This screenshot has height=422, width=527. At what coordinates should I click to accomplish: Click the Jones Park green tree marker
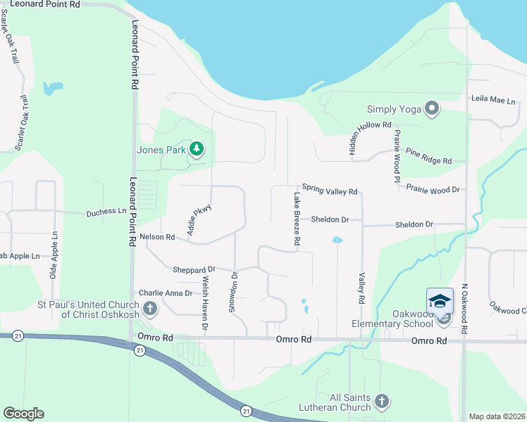tap(196, 149)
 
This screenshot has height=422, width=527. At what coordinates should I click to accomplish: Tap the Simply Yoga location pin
tap(431, 109)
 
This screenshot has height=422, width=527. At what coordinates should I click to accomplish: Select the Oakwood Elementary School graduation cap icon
tap(440, 302)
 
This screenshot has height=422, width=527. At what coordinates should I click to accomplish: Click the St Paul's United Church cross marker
tap(149, 308)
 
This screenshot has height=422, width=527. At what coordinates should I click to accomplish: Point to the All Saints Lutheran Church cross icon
tap(381, 402)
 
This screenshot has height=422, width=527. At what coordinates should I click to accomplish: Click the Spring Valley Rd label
tap(331, 191)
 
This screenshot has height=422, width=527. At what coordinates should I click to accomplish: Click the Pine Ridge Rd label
tap(428, 155)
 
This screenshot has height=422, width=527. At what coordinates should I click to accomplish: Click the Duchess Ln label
tap(106, 212)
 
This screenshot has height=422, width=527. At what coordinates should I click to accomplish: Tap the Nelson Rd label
tap(157, 237)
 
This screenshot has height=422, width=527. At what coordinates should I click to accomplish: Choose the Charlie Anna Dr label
tap(166, 293)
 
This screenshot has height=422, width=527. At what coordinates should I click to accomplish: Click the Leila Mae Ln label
tap(493, 101)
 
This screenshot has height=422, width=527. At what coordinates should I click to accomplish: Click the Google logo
tap(23, 414)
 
